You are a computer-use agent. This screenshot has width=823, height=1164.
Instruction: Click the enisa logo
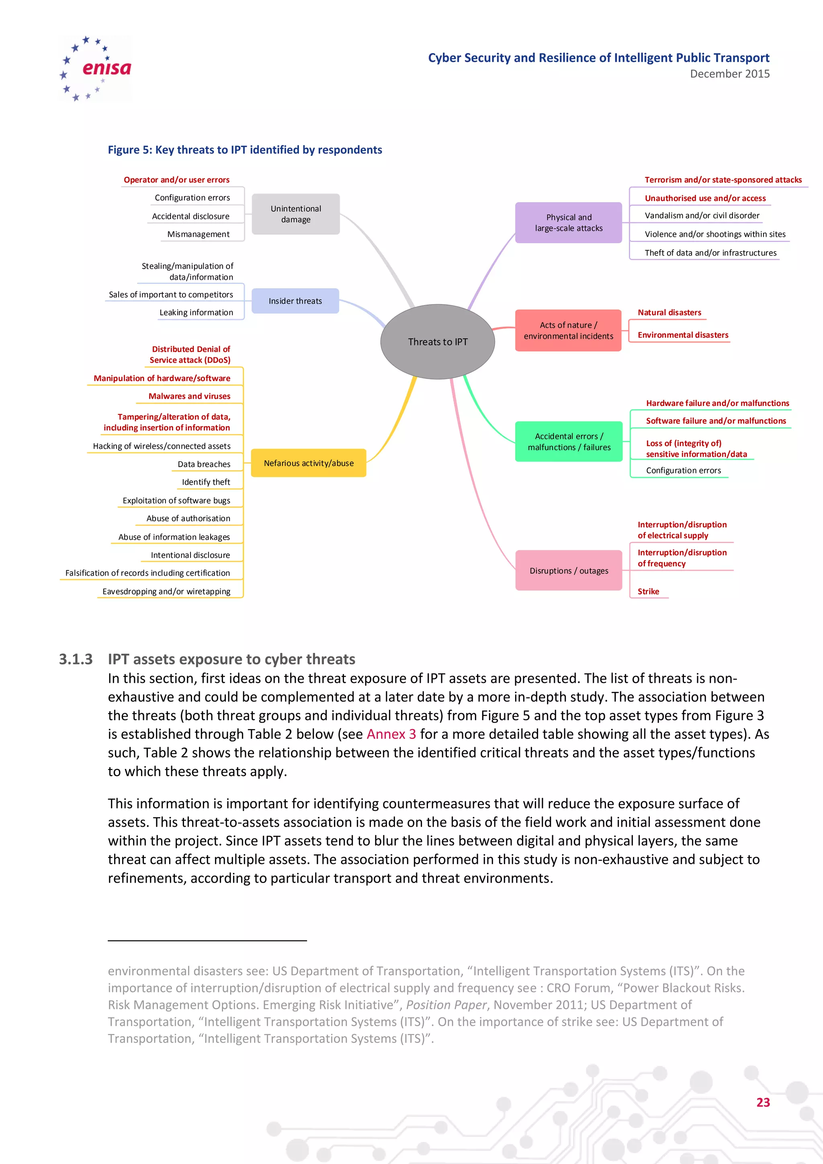pyautogui.click(x=95, y=68)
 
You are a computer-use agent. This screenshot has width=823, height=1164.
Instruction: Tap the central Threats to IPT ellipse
pyautogui.click(x=437, y=342)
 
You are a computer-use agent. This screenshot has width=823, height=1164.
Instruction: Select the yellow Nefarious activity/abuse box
pyautogui.click(x=309, y=463)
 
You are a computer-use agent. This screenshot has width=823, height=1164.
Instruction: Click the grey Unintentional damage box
pyautogui.click(x=295, y=214)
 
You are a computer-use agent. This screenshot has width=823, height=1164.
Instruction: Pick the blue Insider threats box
pyautogui.click(x=295, y=301)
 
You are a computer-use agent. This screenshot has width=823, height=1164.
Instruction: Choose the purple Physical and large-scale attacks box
pyautogui.click(x=568, y=223)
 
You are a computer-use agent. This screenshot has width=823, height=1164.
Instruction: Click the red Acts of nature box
pyautogui.click(x=568, y=330)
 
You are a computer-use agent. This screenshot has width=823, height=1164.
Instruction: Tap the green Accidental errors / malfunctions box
pyautogui.click(x=569, y=442)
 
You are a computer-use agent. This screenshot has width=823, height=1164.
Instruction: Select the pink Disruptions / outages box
pyautogui.click(x=569, y=570)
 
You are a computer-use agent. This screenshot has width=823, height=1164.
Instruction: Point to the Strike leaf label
pyautogui.click(x=648, y=591)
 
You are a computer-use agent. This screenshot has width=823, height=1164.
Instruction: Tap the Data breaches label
pyautogui.click(x=204, y=464)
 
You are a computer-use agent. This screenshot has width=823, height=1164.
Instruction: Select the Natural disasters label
pyautogui.click(x=669, y=312)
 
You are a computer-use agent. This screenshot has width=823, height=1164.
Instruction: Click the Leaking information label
pyautogui.click(x=196, y=312)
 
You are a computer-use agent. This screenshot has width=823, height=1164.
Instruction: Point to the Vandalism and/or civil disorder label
pyautogui.click(x=702, y=215)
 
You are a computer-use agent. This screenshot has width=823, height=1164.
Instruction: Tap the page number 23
pyautogui.click(x=763, y=1102)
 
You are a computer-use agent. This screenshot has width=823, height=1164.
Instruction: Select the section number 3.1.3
pyautogui.click(x=76, y=659)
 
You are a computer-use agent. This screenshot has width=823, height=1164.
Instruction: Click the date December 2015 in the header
pyautogui.click(x=729, y=74)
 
